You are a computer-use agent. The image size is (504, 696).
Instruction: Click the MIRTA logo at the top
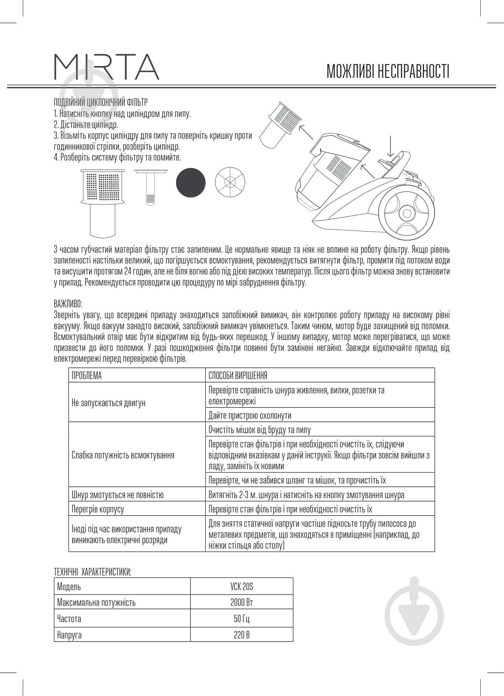pos(106,67)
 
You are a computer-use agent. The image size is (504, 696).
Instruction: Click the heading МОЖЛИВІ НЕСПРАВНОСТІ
pos(388,72)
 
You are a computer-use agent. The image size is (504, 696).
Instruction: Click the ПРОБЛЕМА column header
pos(87,376)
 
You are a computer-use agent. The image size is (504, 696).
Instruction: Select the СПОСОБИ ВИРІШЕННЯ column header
pos(238,376)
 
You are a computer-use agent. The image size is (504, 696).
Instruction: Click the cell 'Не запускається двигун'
pos(108,403)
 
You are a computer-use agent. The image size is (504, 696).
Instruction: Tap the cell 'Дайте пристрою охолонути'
pos(250,415)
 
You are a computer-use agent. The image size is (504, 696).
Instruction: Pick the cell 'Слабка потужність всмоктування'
pos(123,455)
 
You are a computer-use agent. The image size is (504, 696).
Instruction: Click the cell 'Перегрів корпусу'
pos(98,509)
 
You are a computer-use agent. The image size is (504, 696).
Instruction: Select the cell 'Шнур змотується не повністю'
pos(117,495)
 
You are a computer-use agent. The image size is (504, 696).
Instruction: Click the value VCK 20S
pos(242,587)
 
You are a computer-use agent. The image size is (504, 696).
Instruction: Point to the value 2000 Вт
pos(242,602)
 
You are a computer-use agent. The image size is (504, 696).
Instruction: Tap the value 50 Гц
pos(242,619)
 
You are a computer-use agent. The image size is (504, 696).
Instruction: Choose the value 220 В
pos(242,635)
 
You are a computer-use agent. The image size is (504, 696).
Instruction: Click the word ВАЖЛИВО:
pos(68,304)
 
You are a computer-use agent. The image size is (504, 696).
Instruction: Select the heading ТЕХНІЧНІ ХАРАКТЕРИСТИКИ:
pos(92,572)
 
